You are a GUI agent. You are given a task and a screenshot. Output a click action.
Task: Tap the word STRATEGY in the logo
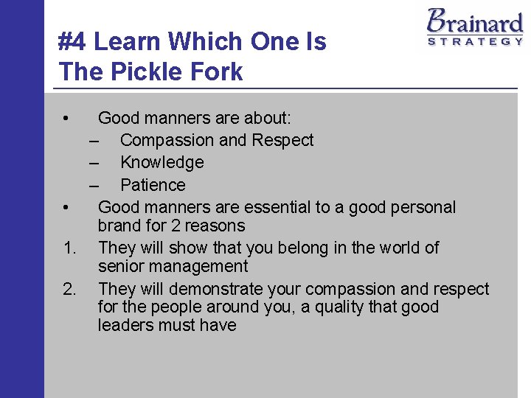click(475, 42)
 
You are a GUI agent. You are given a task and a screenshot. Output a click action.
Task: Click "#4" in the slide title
click(72, 42)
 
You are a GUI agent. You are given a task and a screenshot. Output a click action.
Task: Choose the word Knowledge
click(162, 162)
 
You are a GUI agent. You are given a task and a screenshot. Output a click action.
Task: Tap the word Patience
click(153, 185)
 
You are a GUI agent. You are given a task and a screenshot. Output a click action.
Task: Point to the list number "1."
click(70, 248)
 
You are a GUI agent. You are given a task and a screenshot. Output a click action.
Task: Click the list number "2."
click(70, 289)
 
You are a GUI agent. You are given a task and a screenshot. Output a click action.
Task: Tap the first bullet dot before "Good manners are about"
click(66, 118)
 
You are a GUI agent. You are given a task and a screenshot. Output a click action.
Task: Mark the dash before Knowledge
click(95, 162)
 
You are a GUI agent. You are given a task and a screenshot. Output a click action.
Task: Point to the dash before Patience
click(95, 185)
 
